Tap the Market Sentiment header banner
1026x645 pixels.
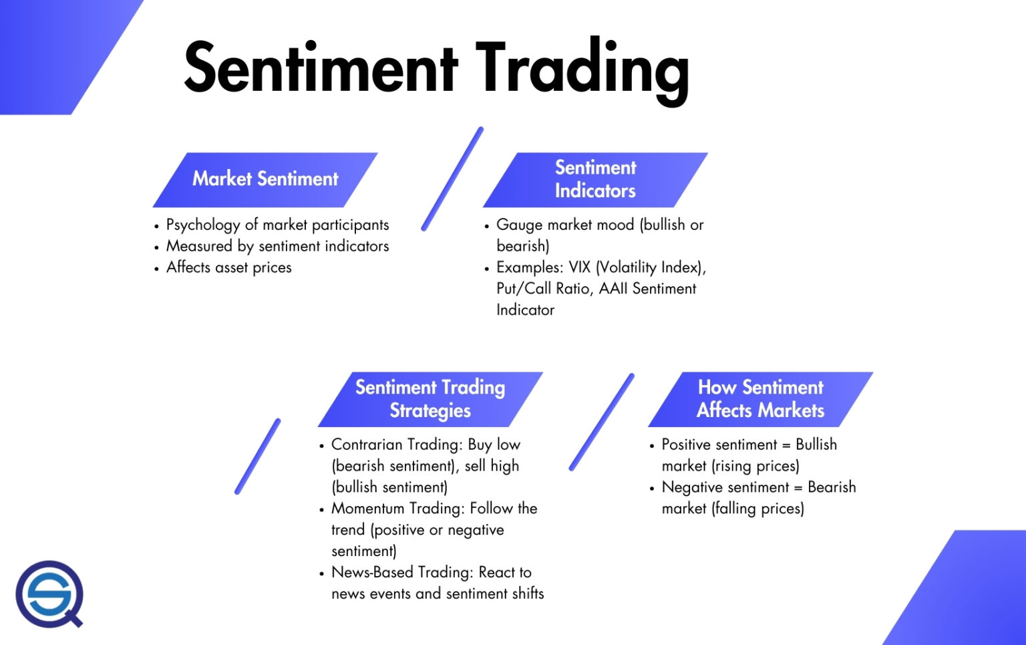265,179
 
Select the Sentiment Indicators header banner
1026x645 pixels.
595,179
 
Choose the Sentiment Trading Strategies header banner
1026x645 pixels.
430,399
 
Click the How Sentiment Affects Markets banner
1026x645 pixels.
760,399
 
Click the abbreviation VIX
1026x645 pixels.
579,268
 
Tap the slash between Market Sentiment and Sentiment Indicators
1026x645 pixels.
452,179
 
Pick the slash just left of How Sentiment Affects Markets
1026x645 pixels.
602,422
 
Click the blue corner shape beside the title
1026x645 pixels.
60,47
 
